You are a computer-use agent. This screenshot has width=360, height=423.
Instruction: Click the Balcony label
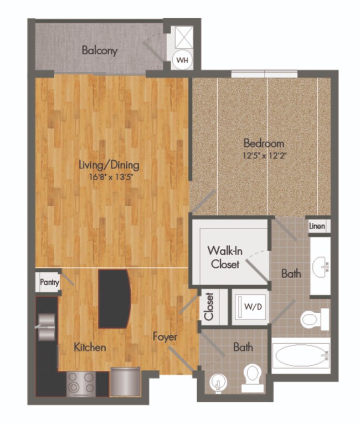[100, 50]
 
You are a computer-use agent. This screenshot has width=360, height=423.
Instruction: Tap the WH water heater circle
[181, 59]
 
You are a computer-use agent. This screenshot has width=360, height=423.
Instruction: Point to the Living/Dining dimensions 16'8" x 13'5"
[108, 176]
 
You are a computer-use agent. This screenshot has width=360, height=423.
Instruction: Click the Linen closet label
[317, 226]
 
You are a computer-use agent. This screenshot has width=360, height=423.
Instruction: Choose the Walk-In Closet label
[224, 257]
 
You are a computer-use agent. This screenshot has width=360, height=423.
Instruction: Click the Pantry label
[49, 282]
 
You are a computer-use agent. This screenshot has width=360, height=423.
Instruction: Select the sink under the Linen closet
[321, 266]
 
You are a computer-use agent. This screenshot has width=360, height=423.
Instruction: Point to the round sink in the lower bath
[217, 383]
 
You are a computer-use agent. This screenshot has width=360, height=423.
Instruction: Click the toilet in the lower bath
[253, 375]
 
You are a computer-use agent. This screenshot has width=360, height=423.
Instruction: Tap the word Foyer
[165, 337]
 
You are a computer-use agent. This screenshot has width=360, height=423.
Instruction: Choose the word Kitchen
[89, 348]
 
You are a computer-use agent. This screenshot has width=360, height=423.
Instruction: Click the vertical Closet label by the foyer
[209, 307]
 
